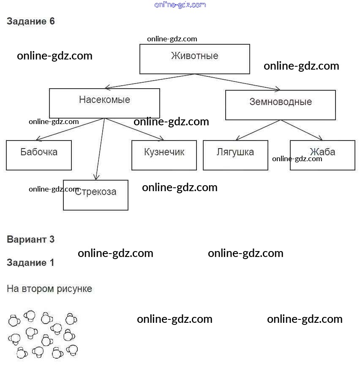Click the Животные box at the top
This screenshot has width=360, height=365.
[x=194, y=59]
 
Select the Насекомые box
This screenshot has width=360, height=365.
[x=104, y=103]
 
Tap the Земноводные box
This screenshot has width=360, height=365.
[x=280, y=105]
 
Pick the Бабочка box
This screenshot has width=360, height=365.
[x=39, y=155]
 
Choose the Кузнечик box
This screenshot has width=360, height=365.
[x=164, y=155]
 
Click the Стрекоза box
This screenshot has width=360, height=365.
[x=95, y=195]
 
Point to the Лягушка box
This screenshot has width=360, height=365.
[x=235, y=155]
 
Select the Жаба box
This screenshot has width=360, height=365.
[x=322, y=155]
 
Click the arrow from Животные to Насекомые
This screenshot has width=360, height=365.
[x=150, y=81]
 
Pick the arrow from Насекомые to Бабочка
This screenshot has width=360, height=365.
[x=70, y=129]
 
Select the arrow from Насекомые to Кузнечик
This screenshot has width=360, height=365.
[x=134, y=129]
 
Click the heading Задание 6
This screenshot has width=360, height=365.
[x=31, y=22]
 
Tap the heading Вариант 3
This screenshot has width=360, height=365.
[x=30, y=239]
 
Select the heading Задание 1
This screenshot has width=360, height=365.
[x=30, y=262]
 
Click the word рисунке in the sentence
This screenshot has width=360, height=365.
[x=75, y=289]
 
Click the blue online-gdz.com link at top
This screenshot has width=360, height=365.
[x=180, y=5]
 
